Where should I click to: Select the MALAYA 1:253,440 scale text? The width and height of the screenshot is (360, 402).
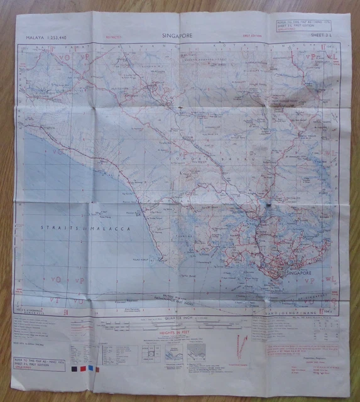[x=46, y=38]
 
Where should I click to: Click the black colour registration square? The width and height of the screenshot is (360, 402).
[x=75, y=370]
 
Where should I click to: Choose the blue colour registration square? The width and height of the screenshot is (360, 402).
[x=90, y=370]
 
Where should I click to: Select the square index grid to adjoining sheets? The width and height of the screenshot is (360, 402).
[x=149, y=353]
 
